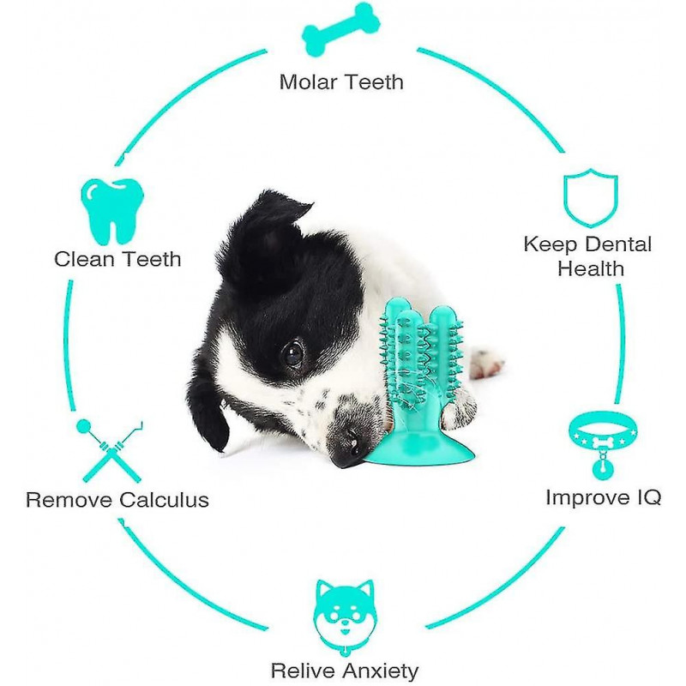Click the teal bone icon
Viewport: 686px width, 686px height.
pos(340,30)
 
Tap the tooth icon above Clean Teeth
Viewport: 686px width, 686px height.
pos(112,212)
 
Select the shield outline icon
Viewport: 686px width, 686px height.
pos(590,197)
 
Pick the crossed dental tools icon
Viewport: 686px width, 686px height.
pos(110,451)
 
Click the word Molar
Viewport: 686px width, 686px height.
pos(307,81)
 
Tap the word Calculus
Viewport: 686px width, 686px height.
pos(164,500)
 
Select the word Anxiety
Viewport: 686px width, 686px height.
pos(381,671)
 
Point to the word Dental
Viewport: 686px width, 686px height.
pos(619,244)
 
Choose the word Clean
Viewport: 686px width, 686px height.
pos(83,259)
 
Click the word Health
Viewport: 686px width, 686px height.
pos(591,268)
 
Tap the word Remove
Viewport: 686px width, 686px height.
pos(70,500)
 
